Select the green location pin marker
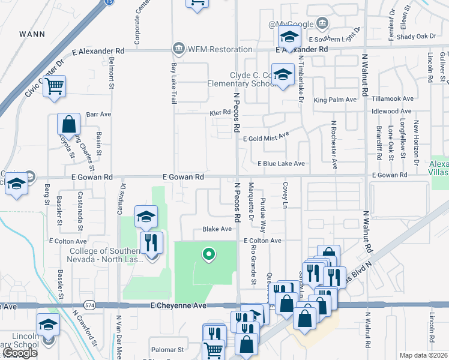click(x=208, y=255)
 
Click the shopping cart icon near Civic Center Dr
click(x=55, y=87)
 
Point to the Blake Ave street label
click(x=217, y=229)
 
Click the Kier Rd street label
click(x=220, y=112)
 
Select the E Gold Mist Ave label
click(x=265, y=139)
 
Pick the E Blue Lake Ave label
click(x=281, y=163)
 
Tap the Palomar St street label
click(x=167, y=349)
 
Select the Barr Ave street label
click(x=99, y=113)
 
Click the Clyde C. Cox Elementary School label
click(x=252, y=80)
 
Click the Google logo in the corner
click(x=19, y=353)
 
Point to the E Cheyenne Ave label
click(x=179, y=306)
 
